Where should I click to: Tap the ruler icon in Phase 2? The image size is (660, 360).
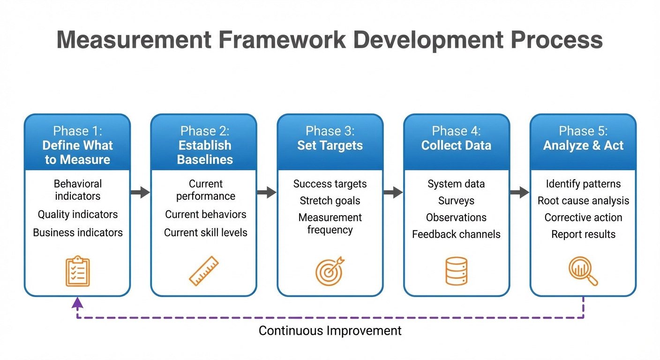point(204,271)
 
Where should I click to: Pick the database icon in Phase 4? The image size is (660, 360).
point(456,271)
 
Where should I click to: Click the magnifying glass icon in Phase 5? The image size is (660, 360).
point(583,271)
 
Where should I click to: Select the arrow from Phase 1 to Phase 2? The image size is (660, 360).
point(140,192)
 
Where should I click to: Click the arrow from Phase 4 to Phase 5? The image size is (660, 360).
point(519,192)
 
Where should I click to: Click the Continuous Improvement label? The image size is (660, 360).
point(330,331)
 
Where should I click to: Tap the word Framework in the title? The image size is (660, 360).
point(282,40)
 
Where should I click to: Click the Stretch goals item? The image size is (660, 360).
point(330,201)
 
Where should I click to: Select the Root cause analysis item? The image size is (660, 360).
point(583,201)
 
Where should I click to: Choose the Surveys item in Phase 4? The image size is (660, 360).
point(456,201)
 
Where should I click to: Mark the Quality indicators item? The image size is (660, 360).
point(78,214)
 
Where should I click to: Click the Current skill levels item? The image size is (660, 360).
point(205,232)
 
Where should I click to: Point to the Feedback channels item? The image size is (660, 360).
point(456,234)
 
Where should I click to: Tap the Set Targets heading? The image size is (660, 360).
point(330,146)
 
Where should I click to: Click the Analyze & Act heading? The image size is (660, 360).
point(583,146)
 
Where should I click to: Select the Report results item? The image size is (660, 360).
point(583,234)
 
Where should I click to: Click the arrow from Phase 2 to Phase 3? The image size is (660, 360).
point(267,192)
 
